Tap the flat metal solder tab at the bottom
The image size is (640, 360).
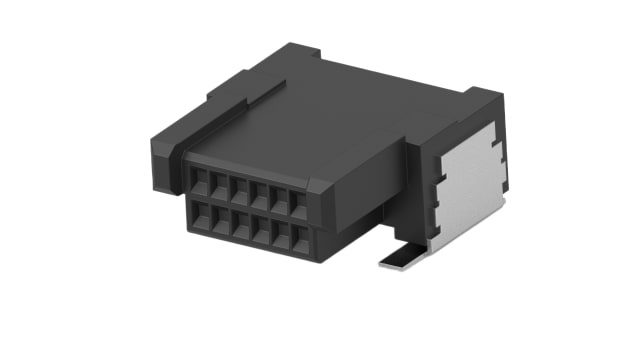[x=400, y=261]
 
